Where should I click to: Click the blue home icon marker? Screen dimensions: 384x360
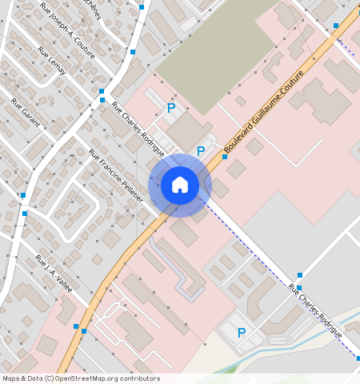pyautogui.click(x=180, y=186)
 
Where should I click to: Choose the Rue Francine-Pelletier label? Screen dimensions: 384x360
pyautogui.click(x=115, y=175)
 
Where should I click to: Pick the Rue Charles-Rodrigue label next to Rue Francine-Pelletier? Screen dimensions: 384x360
pyautogui.click(x=138, y=128)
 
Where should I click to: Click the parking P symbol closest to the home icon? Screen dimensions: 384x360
pyautogui.click(x=201, y=150)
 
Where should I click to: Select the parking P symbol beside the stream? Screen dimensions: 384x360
pyautogui.click(x=241, y=333)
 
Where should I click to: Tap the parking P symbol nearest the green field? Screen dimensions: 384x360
pyautogui.click(x=170, y=107)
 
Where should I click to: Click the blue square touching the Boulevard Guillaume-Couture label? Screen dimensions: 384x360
pyautogui.click(x=225, y=157)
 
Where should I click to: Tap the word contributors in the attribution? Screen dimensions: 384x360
pyautogui.click(x=138, y=378)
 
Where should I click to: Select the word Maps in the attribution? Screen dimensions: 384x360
pyautogui.click(x=11, y=378)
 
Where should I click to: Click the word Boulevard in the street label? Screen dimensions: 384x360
pyautogui.click(x=238, y=141)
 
